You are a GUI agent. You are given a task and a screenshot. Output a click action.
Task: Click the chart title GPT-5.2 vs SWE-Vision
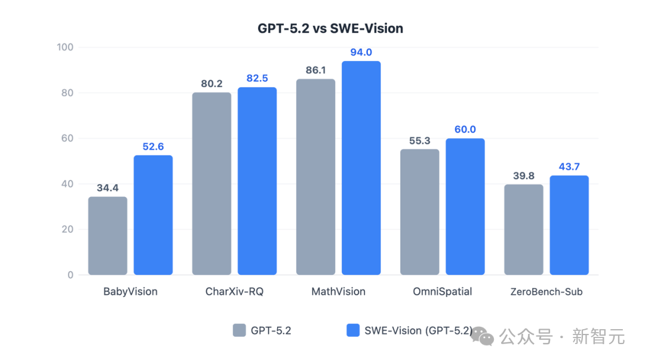point(330,28)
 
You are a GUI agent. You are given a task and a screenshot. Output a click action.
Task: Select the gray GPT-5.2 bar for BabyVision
point(107,236)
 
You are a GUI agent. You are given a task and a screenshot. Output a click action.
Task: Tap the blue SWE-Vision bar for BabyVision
point(153,215)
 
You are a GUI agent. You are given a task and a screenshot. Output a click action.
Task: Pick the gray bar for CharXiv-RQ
point(211,183)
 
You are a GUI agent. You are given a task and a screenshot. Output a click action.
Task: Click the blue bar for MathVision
point(361,168)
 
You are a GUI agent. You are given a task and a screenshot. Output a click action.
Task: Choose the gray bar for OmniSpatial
point(419,212)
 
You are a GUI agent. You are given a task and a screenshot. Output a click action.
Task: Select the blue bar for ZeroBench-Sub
point(569,225)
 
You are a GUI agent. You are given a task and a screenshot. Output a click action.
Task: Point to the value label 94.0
point(361,53)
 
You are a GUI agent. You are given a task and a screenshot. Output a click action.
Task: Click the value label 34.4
point(107,188)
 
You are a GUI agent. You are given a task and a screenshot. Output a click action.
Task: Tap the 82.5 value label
point(257,79)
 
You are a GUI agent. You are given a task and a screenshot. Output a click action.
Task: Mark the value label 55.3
point(419,140)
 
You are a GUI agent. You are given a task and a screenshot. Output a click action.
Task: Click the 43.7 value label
point(569,167)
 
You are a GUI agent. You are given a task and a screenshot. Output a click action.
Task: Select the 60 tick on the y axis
point(67,139)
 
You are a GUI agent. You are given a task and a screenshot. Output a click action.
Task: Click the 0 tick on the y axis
point(70,275)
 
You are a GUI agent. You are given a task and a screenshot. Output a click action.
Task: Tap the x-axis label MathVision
point(338,292)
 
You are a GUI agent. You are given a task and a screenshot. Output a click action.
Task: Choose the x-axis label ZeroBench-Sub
point(546,292)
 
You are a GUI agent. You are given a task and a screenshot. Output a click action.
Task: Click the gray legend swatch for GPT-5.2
point(239,330)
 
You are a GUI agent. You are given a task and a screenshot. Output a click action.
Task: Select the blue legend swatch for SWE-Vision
point(353,330)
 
